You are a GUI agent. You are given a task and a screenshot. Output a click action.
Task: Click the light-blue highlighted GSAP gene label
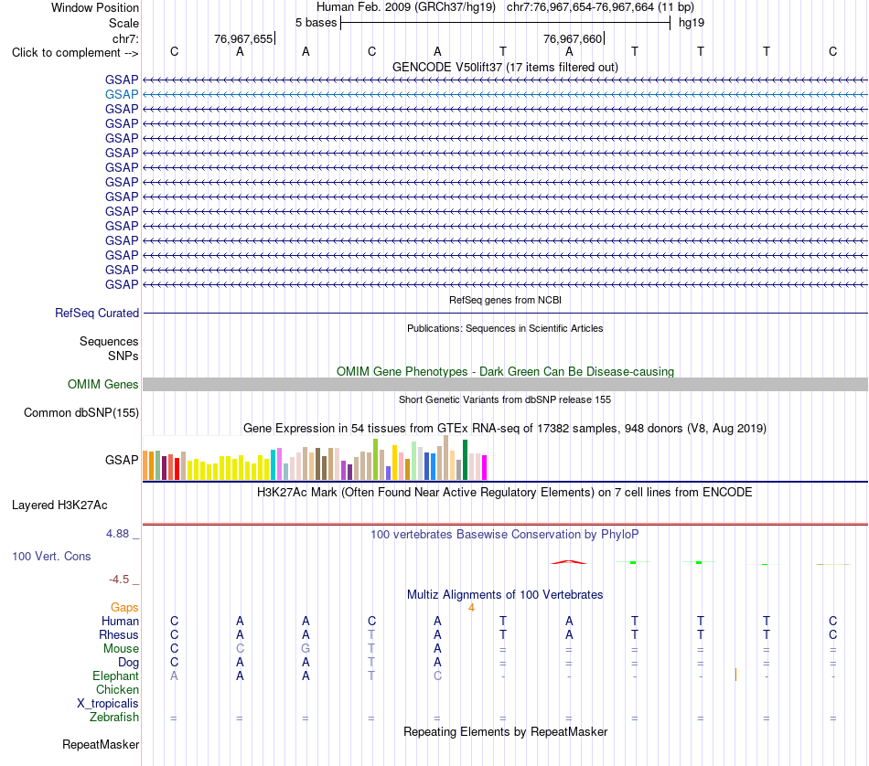122,95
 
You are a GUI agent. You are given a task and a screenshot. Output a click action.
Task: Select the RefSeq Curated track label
97,313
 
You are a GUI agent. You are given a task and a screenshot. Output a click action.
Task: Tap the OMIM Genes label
103,385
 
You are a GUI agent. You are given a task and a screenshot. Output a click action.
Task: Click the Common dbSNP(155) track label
81,412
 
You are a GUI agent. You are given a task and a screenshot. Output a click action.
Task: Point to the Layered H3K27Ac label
59,505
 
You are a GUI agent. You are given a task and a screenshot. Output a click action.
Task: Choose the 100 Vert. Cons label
51,556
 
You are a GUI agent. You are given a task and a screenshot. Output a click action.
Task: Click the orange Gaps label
124,608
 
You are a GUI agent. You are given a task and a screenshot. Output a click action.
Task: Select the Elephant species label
116,676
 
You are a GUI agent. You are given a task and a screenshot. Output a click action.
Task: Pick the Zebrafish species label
114,718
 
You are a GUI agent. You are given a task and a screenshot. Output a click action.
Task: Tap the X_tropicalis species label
108,704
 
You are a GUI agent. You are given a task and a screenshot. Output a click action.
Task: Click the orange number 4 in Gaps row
471,608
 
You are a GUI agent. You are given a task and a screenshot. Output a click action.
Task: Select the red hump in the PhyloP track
569,562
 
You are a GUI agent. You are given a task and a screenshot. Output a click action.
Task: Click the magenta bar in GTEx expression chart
485,467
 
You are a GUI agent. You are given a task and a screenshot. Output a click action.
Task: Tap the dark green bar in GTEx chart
465,460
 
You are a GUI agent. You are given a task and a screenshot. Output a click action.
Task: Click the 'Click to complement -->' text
75,53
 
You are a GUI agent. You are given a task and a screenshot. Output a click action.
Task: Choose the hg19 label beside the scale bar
692,23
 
